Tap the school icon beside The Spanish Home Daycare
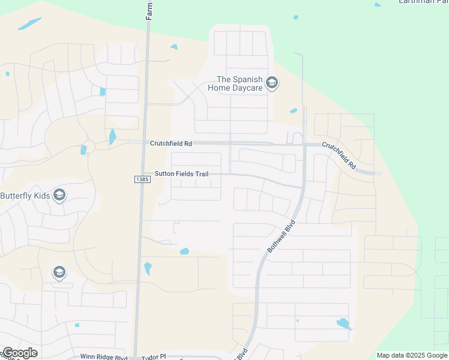coord(272,82)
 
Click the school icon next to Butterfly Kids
coord(59,195)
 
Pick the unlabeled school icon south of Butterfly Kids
coord(59,273)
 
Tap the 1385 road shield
coord(142,179)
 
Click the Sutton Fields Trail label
coord(181,174)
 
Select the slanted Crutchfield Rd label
coord(339,154)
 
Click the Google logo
coord(20,353)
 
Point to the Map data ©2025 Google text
coord(412,355)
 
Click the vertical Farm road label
coord(149,10)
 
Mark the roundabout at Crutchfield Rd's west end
coord(89,146)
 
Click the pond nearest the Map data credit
coord(343,324)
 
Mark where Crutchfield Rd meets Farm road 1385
coord(145,143)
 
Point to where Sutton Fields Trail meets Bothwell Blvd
coord(302,187)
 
